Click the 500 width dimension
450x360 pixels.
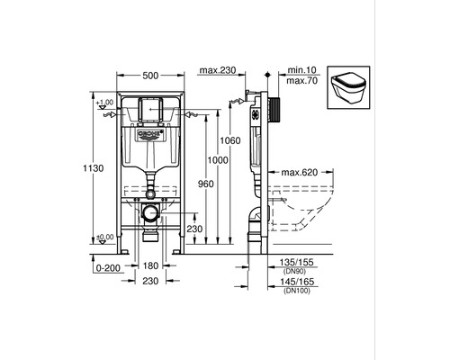150,76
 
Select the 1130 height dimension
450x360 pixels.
94,168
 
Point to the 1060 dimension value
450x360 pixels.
230,140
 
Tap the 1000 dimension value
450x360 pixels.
218,160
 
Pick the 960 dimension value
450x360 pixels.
206,184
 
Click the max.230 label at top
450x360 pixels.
218,70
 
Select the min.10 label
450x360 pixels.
301,70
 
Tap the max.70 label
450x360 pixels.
301,81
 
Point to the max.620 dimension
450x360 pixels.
300,173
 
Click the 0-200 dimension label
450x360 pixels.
108,268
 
